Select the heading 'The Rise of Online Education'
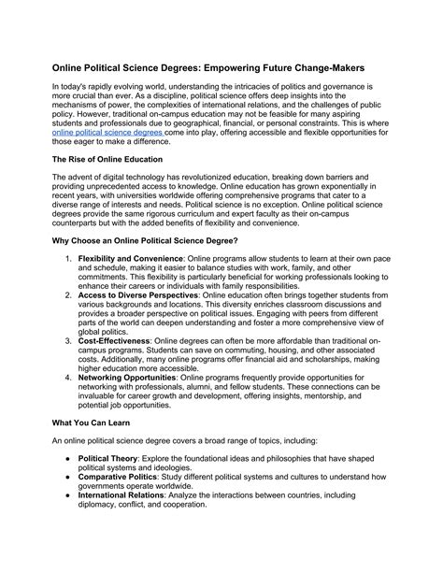pyautogui.click(x=109, y=160)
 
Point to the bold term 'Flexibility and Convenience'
pyautogui.click(x=131, y=257)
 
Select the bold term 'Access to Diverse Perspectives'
pyautogui.click(x=138, y=294)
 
